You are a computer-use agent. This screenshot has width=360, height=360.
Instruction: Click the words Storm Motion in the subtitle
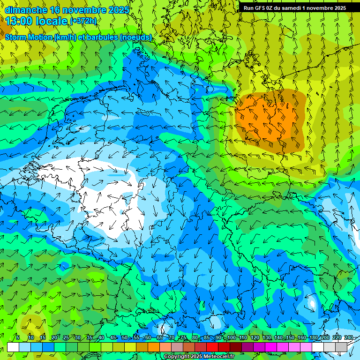point(28,37)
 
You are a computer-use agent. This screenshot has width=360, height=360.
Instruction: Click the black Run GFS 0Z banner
point(295,8)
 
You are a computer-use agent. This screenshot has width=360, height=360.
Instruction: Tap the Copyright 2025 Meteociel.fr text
point(199,357)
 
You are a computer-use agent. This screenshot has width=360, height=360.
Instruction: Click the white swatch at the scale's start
point(13,347)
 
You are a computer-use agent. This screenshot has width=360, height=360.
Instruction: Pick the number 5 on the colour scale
point(18,338)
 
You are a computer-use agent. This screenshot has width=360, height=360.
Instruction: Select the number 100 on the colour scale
point(231,338)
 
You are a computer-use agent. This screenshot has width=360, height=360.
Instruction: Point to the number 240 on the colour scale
point(349,338)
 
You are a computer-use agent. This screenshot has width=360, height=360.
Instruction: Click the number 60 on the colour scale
point(148,338)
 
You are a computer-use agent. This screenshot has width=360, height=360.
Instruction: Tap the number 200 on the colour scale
point(325,338)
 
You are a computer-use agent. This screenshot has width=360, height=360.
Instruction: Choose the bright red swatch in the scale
point(212,347)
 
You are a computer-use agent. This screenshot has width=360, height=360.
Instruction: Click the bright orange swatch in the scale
point(154,347)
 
